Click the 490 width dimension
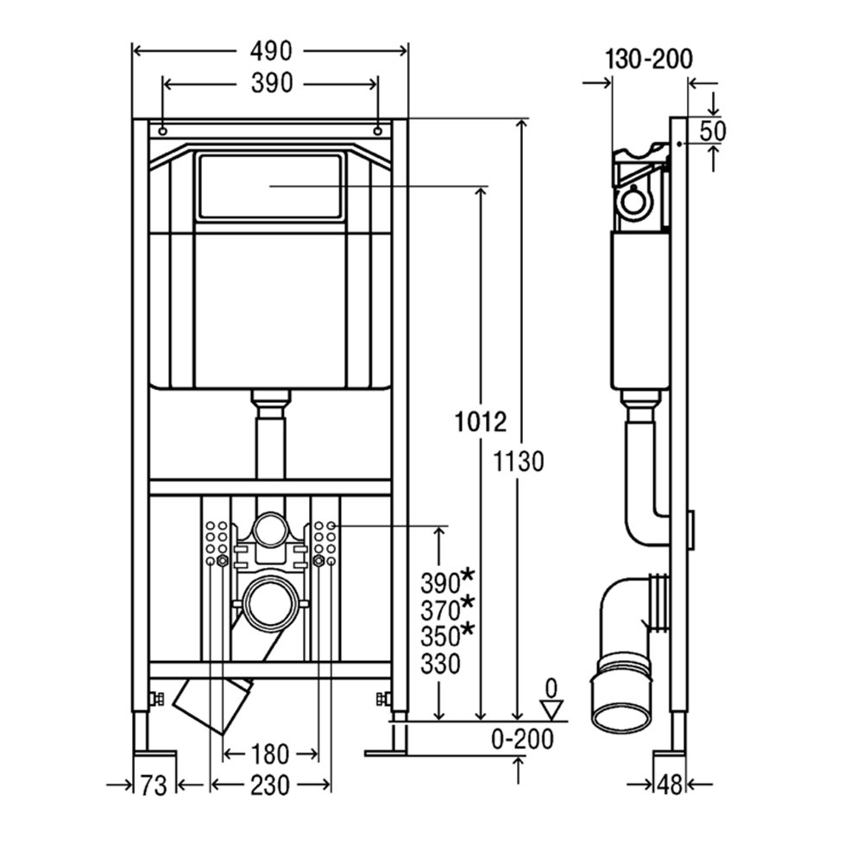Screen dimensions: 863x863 pyautogui.click(x=271, y=51)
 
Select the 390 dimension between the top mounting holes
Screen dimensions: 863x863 pyautogui.click(x=272, y=83)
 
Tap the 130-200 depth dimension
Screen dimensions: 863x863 pyautogui.click(x=649, y=59)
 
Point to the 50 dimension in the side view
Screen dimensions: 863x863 pyautogui.click(x=713, y=131)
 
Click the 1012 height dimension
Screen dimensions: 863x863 pyautogui.click(x=481, y=422)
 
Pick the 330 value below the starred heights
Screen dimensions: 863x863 pyautogui.click(x=440, y=665)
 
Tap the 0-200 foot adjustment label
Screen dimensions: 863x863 pyautogui.click(x=522, y=740)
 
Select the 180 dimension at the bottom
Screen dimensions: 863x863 pyautogui.click(x=269, y=754)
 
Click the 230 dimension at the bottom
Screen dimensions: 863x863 pyautogui.click(x=269, y=785)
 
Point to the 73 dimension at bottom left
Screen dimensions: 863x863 pyautogui.click(x=153, y=785)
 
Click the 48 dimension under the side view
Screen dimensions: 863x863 pyautogui.click(x=670, y=784)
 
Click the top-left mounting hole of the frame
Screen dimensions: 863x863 pyautogui.click(x=163, y=131)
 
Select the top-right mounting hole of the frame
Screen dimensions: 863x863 pyautogui.click(x=378, y=131)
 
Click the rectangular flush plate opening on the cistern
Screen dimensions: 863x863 pyautogui.click(x=269, y=186)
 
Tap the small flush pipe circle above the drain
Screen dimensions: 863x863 pyautogui.click(x=269, y=530)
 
